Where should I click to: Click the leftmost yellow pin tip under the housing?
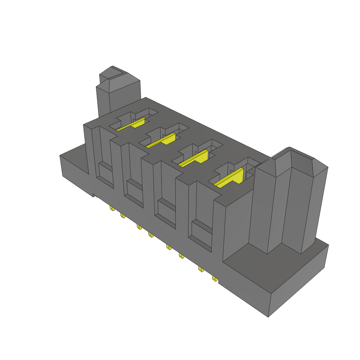112,208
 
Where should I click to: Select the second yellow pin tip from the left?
123,215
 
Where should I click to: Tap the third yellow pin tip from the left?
139,227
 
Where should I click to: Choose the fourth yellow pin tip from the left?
151,234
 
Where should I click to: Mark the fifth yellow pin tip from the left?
169,247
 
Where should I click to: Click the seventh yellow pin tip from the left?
201,269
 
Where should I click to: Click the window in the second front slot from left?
134,190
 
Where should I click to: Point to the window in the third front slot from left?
166,210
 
